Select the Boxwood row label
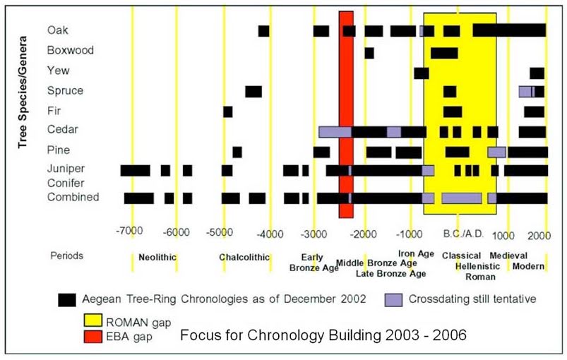point(70,51)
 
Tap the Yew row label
point(58,71)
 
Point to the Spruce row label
point(65,90)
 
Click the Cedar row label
point(62,130)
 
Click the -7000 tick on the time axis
point(131,232)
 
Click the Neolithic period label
point(157,257)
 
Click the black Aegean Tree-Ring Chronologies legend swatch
point(68,300)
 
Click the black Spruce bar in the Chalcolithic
point(253,91)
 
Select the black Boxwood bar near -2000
point(369,53)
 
